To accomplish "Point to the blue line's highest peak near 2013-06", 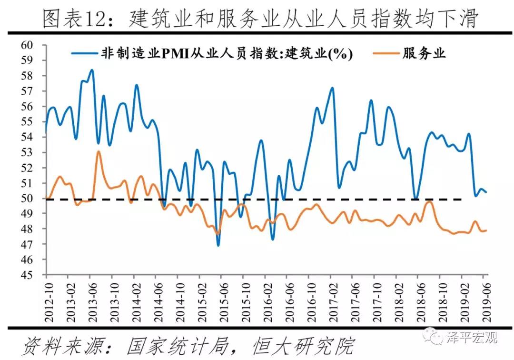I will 92,70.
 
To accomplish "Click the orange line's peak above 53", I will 98,151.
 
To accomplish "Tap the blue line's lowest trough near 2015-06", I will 218,245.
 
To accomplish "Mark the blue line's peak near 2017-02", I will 332,88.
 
